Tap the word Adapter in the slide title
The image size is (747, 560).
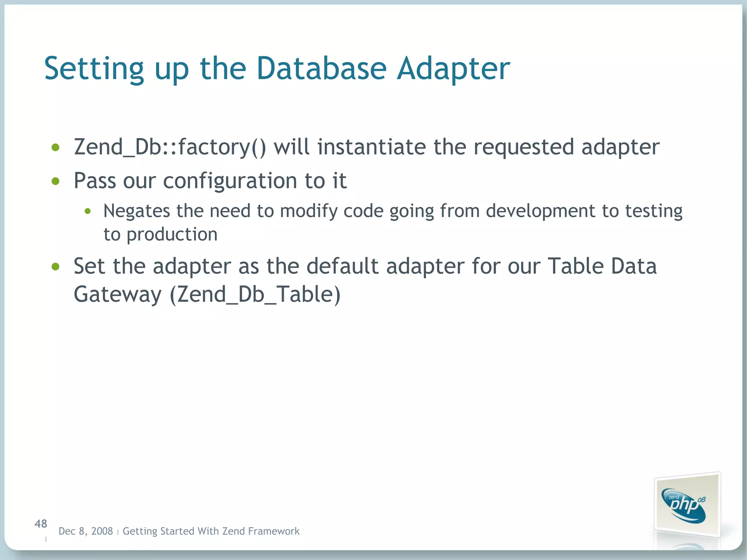(x=453, y=69)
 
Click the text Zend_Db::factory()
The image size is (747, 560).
(x=170, y=147)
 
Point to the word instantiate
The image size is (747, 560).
(x=371, y=147)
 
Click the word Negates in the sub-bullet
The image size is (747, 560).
(x=136, y=211)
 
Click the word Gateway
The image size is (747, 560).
(x=117, y=294)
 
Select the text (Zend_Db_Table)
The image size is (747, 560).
(x=255, y=294)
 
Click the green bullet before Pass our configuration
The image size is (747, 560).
(x=55, y=181)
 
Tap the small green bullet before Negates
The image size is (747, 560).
(x=88, y=211)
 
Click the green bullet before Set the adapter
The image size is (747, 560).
(x=55, y=267)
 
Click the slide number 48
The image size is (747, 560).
(x=41, y=524)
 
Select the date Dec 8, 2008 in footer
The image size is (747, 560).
(x=86, y=531)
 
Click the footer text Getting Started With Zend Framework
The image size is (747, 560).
(x=211, y=531)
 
